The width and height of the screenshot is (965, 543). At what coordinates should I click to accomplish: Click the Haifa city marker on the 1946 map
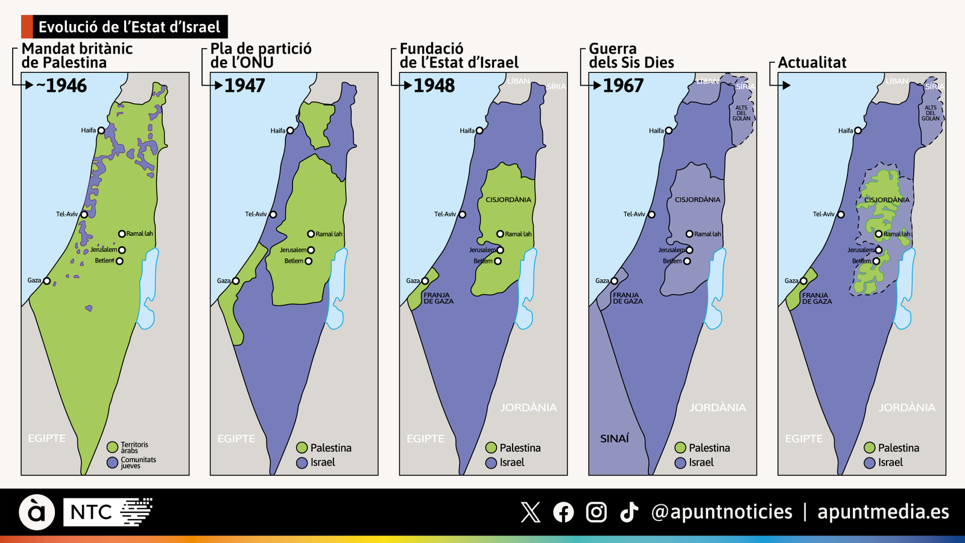pyautogui.click(x=101, y=130)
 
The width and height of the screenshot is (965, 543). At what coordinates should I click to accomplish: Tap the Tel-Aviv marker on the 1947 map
pyautogui.click(x=273, y=214)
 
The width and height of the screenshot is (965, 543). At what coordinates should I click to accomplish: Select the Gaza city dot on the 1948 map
pyautogui.click(x=425, y=281)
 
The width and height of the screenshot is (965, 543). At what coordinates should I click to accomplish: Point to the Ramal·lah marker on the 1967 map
pyautogui.click(x=689, y=234)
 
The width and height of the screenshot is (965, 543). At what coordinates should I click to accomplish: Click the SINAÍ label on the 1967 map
pyautogui.click(x=615, y=439)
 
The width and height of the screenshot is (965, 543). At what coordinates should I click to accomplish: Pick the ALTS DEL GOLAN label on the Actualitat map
pyautogui.click(x=931, y=113)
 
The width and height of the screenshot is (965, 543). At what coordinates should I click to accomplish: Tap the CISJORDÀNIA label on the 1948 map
pyautogui.click(x=508, y=200)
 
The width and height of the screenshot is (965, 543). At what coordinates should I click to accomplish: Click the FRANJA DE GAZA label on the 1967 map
pyautogui.click(x=628, y=298)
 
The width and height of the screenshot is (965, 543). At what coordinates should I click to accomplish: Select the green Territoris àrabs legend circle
pyautogui.click(x=112, y=447)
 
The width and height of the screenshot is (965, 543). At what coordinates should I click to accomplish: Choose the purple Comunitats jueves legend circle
pyautogui.click(x=112, y=463)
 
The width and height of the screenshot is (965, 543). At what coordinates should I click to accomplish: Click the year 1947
pyautogui.click(x=244, y=86)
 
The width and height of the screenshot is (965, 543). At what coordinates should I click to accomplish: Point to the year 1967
pyautogui.click(x=623, y=86)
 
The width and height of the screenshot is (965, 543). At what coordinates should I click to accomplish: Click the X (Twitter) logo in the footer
pyautogui.click(x=530, y=512)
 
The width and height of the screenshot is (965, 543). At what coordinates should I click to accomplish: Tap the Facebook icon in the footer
pyautogui.click(x=563, y=512)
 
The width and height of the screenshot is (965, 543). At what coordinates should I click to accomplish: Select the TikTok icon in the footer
pyautogui.click(x=629, y=512)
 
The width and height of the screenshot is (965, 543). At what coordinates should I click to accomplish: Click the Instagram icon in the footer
pyautogui.click(x=596, y=512)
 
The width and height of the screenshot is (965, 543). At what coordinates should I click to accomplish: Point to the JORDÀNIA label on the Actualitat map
pyautogui.click(x=906, y=408)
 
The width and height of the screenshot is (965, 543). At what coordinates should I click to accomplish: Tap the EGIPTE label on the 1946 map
pyautogui.click(x=46, y=439)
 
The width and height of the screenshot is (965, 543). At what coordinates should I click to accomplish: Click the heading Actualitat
pyautogui.click(x=812, y=62)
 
